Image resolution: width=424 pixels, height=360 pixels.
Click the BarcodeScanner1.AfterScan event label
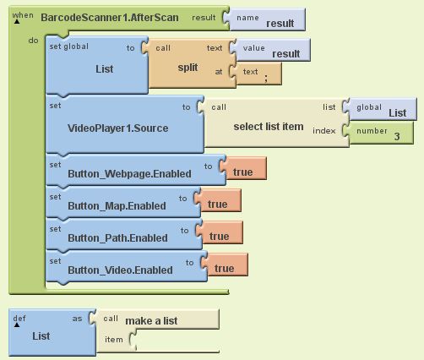tap(110, 18)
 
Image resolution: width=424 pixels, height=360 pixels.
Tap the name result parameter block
tap(266, 19)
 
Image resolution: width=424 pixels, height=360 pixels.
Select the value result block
tap(272, 50)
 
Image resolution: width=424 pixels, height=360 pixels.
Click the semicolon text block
tap(258, 74)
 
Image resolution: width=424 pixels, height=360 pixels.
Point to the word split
tap(188, 68)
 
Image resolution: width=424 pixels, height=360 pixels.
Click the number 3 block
tap(380, 133)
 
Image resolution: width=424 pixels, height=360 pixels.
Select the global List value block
tap(382, 109)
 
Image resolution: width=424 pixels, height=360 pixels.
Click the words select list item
tap(269, 127)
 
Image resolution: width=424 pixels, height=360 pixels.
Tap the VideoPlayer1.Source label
tap(117, 128)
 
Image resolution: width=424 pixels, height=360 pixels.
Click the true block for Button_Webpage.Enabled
tap(245, 168)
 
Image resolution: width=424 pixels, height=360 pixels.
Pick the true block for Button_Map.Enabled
tap(220, 200)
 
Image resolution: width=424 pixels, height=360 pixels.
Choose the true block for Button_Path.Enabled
tap(221, 232)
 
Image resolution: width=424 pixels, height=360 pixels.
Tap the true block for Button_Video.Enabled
tap(226, 265)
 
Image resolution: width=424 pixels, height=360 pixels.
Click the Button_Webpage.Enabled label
tap(129, 174)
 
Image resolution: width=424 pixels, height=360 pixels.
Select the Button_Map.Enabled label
tap(117, 206)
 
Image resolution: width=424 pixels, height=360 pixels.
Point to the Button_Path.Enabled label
tap(117, 238)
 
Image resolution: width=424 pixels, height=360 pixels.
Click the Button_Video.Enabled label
tap(120, 270)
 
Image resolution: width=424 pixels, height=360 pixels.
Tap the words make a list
tap(151, 321)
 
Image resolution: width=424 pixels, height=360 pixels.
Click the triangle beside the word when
tap(17, 21)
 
